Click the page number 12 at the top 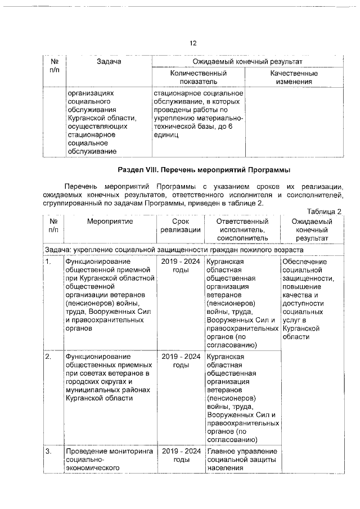193,43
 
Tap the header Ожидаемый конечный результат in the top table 247,61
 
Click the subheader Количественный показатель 199,78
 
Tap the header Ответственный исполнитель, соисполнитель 242,229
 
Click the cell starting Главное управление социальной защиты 242,459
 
